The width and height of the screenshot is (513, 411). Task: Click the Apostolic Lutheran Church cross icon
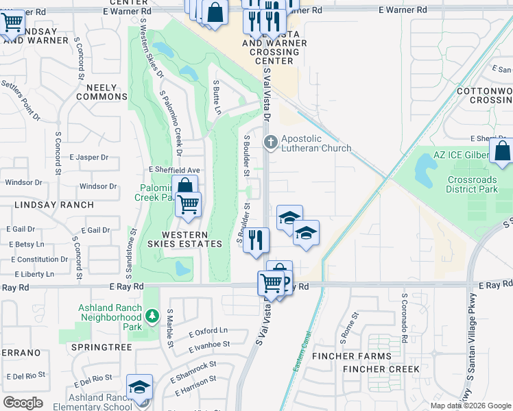click(x=271, y=142)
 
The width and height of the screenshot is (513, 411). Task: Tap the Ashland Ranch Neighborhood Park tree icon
click(x=152, y=316)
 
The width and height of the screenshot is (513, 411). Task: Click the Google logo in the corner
click(x=23, y=403)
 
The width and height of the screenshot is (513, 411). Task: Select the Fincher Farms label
click(x=352, y=356)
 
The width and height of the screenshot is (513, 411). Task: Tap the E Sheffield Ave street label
click(x=174, y=170)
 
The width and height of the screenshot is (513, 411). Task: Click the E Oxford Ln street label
click(x=208, y=332)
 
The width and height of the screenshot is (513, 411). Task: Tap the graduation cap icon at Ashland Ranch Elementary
click(x=140, y=387)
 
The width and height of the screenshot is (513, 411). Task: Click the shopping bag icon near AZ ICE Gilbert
click(x=502, y=151)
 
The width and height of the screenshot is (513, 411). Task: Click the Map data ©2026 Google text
click(x=470, y=406)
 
